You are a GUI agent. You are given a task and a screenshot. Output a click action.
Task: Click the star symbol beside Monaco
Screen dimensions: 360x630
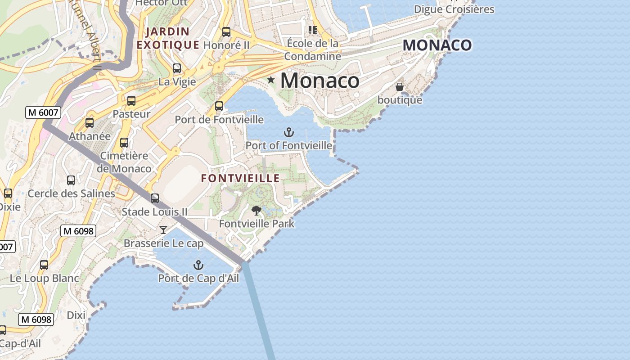coord(271,80)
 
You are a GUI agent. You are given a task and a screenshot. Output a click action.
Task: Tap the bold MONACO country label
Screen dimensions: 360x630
coord(437,45)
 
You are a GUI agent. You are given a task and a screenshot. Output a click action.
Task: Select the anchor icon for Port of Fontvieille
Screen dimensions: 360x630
coord(288,132)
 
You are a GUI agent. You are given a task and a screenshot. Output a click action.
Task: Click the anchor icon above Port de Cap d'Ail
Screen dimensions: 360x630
coord(198,265)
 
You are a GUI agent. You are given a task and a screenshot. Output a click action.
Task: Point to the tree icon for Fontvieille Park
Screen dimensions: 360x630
coord(256,210)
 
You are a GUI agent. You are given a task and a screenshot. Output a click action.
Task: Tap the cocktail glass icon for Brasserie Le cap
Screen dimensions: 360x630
coord(163,230)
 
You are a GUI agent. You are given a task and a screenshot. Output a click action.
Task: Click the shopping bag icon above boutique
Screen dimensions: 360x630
coord(400,86)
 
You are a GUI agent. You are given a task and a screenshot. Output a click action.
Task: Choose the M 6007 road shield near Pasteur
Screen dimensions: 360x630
coord(43,112)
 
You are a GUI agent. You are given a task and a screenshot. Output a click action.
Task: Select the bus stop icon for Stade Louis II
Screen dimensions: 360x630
coord(155,198)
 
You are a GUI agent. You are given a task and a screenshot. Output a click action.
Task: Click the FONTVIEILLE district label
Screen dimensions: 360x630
coord(240,178)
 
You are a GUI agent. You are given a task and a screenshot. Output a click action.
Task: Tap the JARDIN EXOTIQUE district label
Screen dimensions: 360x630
coord(168,38)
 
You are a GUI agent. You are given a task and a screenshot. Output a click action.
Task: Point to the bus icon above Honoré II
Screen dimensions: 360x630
coord(226,32)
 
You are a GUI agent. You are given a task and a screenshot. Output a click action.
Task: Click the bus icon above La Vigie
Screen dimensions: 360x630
coord(177,68)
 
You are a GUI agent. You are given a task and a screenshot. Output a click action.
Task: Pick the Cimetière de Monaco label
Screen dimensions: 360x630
coord(124,162)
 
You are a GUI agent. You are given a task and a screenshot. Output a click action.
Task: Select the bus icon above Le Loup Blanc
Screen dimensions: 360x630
coord(44,265)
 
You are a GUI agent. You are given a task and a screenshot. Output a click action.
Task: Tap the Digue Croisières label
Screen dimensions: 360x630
coord(454,9)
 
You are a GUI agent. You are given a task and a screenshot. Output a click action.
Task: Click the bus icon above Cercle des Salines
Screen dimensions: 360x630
coord(71,180)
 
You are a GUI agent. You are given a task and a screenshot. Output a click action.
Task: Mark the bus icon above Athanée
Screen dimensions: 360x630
coord(90,122)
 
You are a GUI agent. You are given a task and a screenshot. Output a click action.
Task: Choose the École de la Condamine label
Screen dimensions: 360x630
coord(312,49)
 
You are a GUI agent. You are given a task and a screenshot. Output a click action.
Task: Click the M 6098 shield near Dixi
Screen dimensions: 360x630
coord(36,319)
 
